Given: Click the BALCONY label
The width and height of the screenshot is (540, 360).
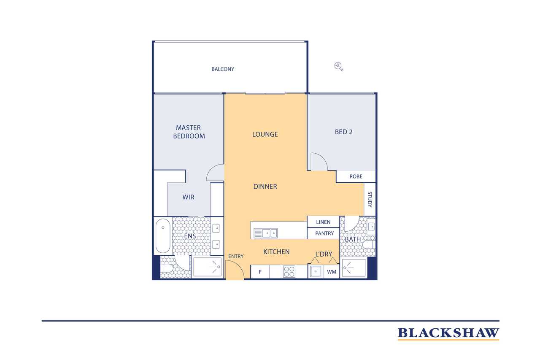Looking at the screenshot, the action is point(222,69).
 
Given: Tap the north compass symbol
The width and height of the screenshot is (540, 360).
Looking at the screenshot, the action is point(338,66).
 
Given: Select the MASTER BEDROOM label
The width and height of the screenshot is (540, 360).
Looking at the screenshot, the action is point(189,132).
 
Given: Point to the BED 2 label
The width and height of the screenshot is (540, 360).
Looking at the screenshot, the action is point(343,132).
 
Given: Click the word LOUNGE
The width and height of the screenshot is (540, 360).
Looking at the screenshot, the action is point(265,134).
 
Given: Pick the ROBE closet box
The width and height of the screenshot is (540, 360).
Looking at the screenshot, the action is point(356,176).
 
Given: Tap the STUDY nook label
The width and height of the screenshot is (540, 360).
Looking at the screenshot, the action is point(370,199).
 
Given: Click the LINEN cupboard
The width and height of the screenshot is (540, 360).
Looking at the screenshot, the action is point(323,222).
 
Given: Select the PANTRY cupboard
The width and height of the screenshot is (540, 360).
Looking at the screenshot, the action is point(323,233).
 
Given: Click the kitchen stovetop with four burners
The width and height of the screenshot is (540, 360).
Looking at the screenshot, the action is point(289,271).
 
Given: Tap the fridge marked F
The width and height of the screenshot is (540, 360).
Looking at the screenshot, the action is point(260,272).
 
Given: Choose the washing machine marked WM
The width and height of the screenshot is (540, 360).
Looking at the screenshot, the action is point(332,272).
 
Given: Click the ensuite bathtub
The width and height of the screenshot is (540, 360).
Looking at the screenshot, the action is point(163,236).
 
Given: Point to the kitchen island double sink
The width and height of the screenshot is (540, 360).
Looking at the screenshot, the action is point(265,233).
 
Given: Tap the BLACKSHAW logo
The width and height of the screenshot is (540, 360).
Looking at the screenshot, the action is point(448,334).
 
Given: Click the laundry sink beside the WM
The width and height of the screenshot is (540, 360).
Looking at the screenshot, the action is point(316,272).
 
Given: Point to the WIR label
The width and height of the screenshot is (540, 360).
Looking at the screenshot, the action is point(188,197).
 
